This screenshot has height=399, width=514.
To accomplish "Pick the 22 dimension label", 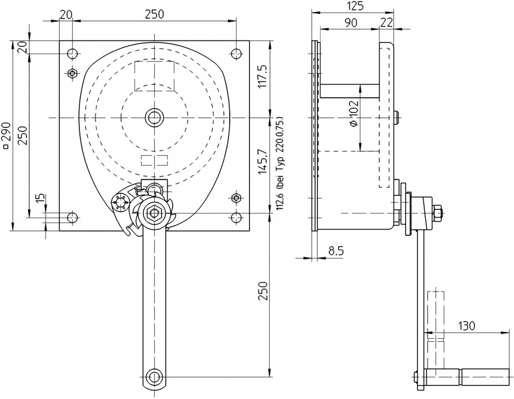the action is pyautogui.click(x=386, y=23).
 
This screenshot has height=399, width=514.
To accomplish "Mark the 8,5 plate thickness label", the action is pyautogui.click(x=335, y=251).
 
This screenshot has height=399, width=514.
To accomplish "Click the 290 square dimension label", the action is pyautogui.click(x=7, y=135).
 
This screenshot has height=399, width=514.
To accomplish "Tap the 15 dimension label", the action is pyautogui.click(x=40, y=198).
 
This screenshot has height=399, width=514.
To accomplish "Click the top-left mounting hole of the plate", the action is pyautogui.click(x=72, y=53).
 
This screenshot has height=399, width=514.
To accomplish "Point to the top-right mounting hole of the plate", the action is pyautogui.click(x=236, y=53).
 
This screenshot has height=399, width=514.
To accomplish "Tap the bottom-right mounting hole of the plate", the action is pyautogui.click(x=236, y=217).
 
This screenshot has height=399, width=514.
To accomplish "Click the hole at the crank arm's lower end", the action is pyautogui.click(x=154, y=376).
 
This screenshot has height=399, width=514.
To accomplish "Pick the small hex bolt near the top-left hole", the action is pyautogui.click(x=72, y=73).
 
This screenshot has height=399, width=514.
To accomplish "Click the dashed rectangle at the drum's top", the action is pyautogui.click(x=154, y=76).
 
